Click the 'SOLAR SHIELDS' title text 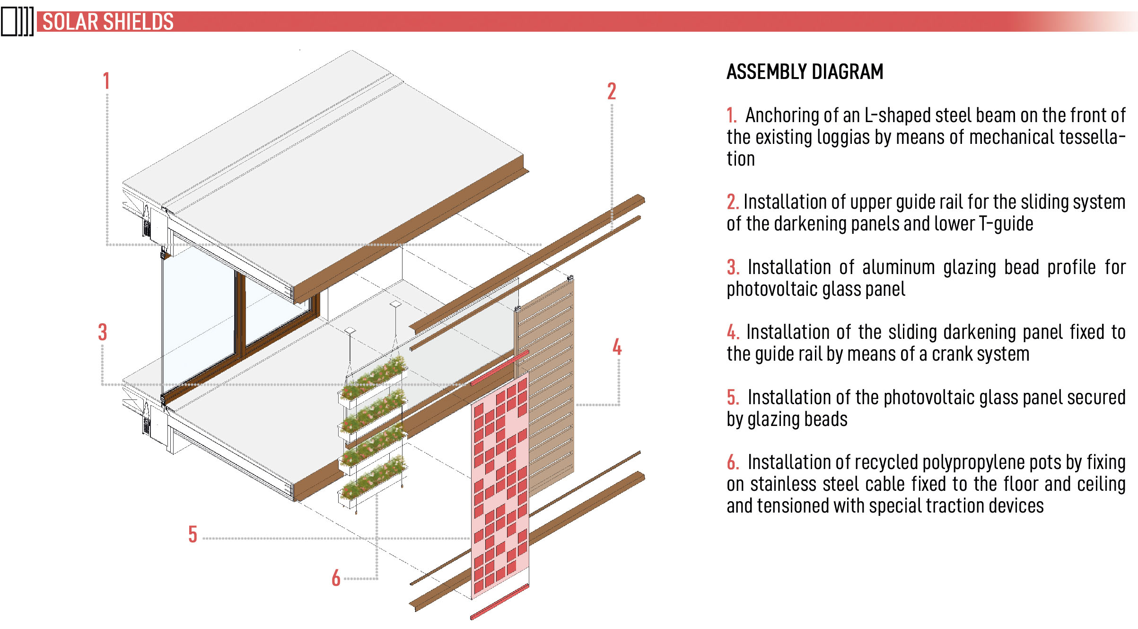108,22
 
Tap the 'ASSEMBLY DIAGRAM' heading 805,72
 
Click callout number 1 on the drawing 106,81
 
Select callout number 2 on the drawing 612,91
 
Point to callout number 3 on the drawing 103,332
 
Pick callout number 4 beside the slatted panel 617,347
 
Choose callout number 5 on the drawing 193,534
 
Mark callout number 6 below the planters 336,578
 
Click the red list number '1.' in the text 732,115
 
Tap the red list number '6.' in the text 733,462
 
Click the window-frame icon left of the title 18,22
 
